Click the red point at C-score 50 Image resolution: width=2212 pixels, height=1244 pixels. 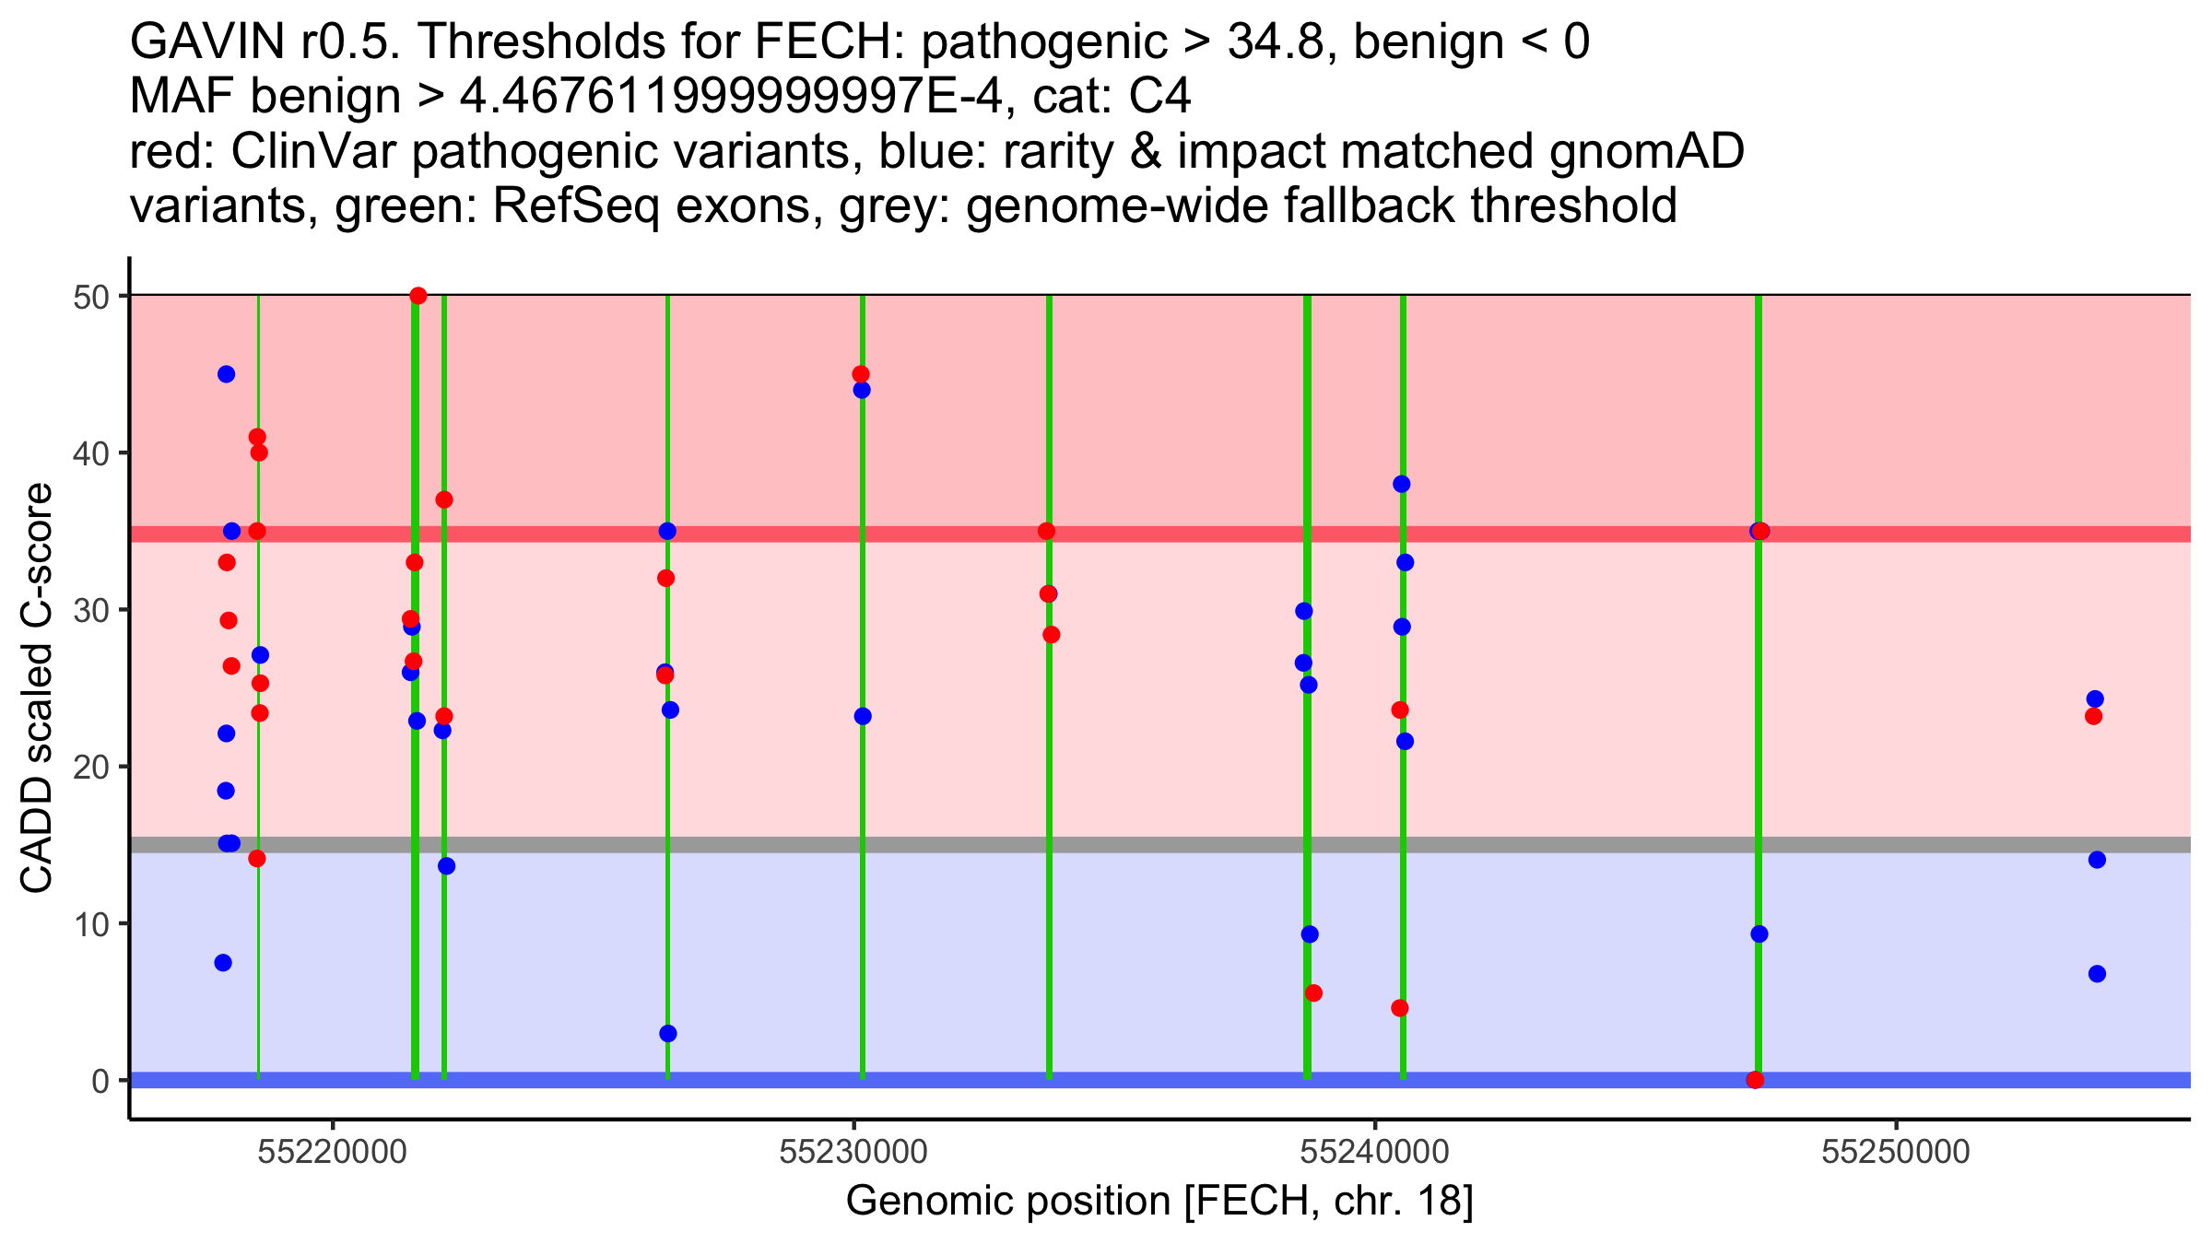coord(418,296)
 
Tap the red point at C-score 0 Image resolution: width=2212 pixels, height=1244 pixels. coord(1755,1080)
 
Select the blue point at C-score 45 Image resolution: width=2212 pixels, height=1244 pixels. coord(226,374)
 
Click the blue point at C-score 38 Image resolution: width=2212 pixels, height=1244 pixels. coord(1401,484)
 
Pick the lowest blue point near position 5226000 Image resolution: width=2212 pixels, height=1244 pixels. coord(667,1033)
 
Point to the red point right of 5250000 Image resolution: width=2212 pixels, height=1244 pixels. coord(2093,716)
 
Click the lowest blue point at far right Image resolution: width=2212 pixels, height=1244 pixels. coord(2097,974)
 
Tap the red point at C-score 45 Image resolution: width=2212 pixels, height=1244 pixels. coord(860,374)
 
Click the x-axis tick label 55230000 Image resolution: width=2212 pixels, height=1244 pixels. coord(853,1152)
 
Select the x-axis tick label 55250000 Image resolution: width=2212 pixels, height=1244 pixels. coord(1896,1152)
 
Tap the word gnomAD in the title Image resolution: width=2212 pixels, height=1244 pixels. coord(1646,151)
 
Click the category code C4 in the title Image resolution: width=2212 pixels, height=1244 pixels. coord(1159,96)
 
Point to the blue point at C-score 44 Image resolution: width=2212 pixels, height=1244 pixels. coord(862,390)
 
